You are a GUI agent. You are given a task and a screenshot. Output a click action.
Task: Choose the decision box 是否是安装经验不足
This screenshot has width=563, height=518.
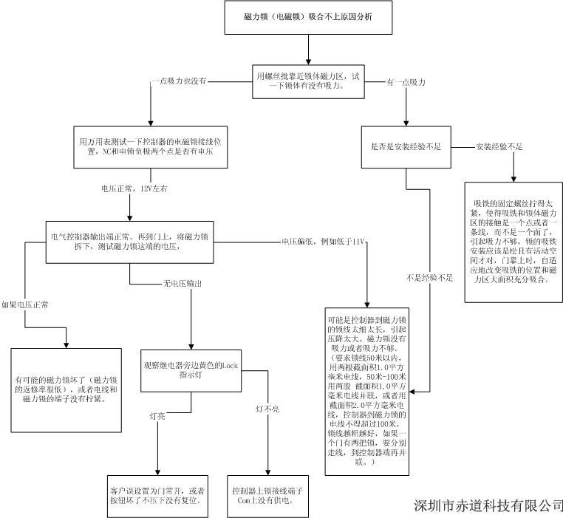click(406, 146)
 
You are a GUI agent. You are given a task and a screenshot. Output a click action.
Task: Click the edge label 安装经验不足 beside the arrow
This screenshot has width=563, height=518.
click(499, 146)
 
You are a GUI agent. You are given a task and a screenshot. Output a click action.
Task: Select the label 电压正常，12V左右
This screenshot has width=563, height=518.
click(134, 189)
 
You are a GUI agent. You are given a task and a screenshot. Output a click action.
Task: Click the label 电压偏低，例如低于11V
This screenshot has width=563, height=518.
click(323, 242)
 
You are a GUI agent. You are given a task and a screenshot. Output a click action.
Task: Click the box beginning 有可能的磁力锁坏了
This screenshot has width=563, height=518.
click(66, 389)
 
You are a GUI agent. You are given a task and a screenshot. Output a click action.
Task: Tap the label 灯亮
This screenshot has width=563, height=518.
click(157, 417)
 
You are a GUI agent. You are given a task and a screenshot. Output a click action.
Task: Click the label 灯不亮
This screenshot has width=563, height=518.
click(267, 408)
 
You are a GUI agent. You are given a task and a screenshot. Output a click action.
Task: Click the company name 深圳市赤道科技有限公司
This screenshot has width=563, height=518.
click(488, 505)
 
